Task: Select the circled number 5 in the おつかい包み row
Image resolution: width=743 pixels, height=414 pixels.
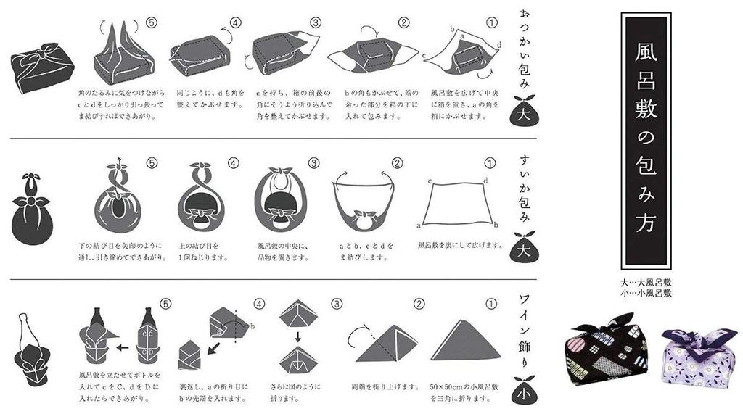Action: coord(152,22)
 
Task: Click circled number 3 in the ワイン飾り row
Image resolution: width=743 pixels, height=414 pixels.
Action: coord(335,304)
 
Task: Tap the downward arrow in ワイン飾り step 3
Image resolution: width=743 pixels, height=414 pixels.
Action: coord(297,335)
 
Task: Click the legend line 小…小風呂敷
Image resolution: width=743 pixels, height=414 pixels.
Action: coord(646,294)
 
